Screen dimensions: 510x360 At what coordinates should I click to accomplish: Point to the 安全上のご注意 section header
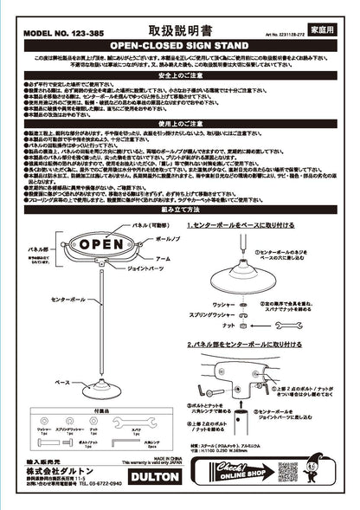click(180, 75)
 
